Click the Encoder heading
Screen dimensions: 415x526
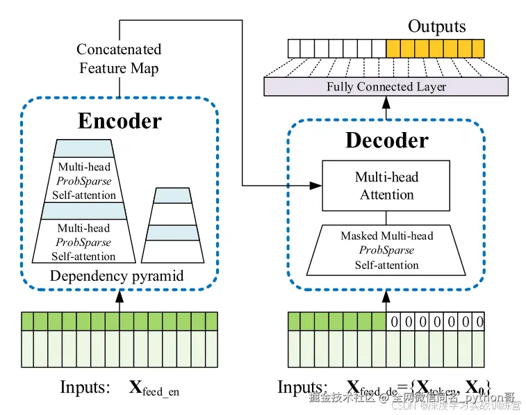[120, 121]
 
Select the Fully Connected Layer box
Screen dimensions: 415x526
[386, 87]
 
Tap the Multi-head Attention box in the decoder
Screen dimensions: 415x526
[386, 186]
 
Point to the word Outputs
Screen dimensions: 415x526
[436, 26]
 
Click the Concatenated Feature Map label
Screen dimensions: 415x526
[119, 59]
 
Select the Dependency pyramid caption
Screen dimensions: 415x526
[117, 276]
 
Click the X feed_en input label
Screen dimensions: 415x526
[154, 388]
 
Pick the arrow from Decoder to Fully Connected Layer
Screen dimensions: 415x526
[386, 107]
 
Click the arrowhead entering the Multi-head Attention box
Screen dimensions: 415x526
[316, 186]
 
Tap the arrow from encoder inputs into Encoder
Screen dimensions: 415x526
[120, 300]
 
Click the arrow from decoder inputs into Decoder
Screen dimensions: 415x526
[386, 300]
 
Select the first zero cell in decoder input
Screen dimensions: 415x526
[394, 322]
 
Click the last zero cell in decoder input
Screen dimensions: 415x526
[477, 322]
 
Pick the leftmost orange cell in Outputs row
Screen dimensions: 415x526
[393, 48]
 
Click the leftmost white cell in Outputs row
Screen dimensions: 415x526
[295, 48]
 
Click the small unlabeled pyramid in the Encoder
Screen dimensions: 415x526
[172, 223]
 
